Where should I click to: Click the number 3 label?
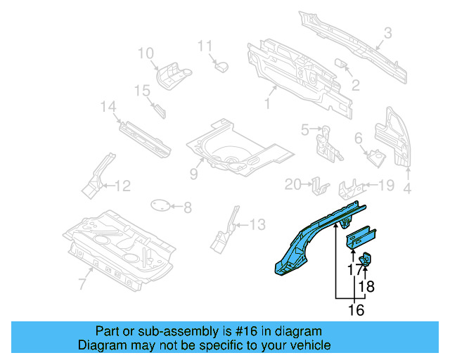[x=387, y=32]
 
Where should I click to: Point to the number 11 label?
[x=205, y=46]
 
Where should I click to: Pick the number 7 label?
[x=82, y=283]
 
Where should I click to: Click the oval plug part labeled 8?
[x=162, y=206]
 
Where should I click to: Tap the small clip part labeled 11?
[x=222, y=66]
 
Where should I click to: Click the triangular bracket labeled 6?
[x=375, y=157]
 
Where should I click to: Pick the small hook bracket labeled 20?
[x=320, y=186]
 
